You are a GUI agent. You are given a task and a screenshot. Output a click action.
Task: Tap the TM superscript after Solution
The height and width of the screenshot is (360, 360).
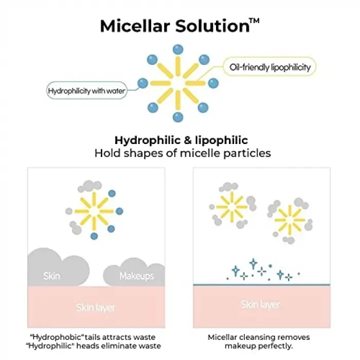[x=255, y=21]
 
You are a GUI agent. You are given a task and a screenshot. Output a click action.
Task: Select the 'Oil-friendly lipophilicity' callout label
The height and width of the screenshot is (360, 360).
[x=270, y=67]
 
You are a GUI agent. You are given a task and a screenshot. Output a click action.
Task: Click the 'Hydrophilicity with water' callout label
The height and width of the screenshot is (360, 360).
[x=86, y=91]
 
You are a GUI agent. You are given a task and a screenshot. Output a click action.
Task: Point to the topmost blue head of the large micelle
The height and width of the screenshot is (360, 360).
[x=178, y=49]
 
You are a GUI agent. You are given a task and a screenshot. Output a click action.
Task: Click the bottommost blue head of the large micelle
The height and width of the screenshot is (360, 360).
[x=178, y=117]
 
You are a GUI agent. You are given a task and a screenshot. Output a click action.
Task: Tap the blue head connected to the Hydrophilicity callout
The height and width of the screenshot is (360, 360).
[x=143, y=83]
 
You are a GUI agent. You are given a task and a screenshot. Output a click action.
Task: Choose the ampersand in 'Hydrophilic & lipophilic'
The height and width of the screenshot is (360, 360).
[x=188, y=140]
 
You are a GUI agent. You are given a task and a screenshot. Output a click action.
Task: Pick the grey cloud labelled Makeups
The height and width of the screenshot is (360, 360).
[x=134, y=273]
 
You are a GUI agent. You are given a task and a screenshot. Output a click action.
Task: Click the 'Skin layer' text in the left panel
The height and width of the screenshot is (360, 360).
[x=96, y=308]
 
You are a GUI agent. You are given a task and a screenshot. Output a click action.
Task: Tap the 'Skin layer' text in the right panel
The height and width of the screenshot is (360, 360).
[x=261, y=304]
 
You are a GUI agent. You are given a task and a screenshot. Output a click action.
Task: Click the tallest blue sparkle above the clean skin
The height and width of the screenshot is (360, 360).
[x=253, y=263]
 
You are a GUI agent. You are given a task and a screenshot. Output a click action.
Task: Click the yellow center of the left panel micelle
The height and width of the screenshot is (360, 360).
[x=94, y=211]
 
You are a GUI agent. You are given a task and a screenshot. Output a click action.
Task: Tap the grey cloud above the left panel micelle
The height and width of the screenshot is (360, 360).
[x=90, y=186]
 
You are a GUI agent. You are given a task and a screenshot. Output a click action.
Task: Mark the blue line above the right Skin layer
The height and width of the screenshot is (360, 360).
[x=261, y=285]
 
